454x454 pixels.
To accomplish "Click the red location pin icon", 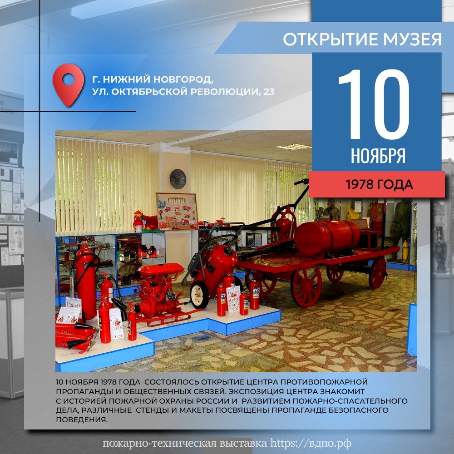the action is [69, 84].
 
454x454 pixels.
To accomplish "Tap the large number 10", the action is [374, 104].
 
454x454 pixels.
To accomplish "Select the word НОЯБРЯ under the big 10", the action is [378, 156].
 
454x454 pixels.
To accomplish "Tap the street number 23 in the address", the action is [269, 92].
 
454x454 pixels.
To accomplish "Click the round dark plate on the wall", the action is [178, 178].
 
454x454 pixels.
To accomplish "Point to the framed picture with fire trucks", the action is [177, 211].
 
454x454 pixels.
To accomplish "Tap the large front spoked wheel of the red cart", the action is [306, 286].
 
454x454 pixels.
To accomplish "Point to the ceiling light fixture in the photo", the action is [293, 147].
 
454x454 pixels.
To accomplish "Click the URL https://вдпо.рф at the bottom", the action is [311, 443].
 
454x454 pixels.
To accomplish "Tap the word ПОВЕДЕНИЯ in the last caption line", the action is [82, 419].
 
